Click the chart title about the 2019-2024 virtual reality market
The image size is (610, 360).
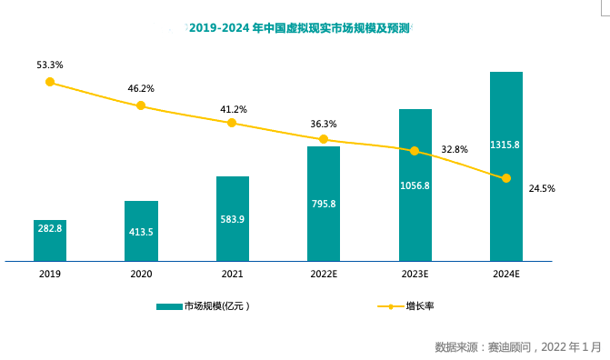(x=299, y=28)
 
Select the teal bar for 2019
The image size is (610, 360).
(x=50, y=241)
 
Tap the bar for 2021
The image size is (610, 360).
(x=233, y=219)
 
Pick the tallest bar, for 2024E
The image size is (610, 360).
(x=506, y=166)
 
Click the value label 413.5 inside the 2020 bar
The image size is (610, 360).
(x=141, y=232)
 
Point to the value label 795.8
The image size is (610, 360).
(x=324, y=204)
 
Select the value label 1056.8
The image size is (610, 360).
(x=415, y=185)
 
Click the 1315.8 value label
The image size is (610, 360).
(x=505, y=145)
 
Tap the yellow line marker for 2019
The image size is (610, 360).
(x=50, y=82)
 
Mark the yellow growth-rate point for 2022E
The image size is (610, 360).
(x=324, y=139)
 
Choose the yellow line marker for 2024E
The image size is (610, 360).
(x=506, y=178)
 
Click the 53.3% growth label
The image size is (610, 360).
(x=50, y=65)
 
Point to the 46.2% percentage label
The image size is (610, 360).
(x=141, y=89)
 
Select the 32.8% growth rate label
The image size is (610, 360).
(x=455, y=149)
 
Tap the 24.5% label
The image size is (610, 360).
(x=542, y=189)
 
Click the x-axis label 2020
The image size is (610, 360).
(x=141, y=274)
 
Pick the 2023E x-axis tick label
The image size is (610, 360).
(x=415, y=274)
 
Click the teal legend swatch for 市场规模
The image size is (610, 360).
(x=169, y=306)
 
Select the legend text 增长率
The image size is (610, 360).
(x=420, y=306)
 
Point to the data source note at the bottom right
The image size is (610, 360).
(x=518, y=346)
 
